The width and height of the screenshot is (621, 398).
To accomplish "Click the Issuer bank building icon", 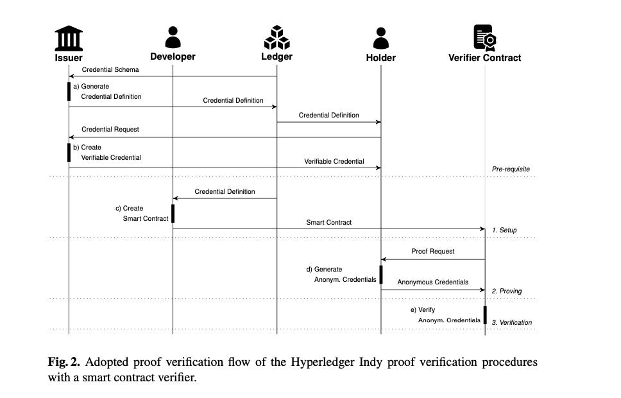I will point(69,38).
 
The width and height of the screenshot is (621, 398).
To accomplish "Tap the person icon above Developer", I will point(173,37).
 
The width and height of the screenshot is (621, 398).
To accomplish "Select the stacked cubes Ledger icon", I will point(276,37).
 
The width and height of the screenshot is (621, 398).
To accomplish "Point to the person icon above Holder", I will point(380,38).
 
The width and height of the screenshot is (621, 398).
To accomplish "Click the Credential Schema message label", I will point(110,69).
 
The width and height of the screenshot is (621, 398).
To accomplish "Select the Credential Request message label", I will point(110,129).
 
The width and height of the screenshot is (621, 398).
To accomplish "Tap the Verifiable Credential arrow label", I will point(334,161).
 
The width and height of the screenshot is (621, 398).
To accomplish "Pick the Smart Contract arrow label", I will point(328,222).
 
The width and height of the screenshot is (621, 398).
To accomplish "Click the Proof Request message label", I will point(433,251).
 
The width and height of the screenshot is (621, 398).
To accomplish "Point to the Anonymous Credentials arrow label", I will point(433,282).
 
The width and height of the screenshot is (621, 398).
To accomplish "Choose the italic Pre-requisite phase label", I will point(511,169).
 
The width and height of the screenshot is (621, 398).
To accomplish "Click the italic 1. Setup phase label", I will point(504,230).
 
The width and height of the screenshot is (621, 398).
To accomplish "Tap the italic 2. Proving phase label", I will point(507,291).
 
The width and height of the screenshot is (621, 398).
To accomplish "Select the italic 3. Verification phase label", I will point(512,322).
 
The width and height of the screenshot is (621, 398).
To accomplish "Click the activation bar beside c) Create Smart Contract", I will point(173,213).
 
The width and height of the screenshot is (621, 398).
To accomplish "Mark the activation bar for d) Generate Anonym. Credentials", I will point(381,274).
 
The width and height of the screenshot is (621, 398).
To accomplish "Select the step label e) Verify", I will point(423,309).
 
